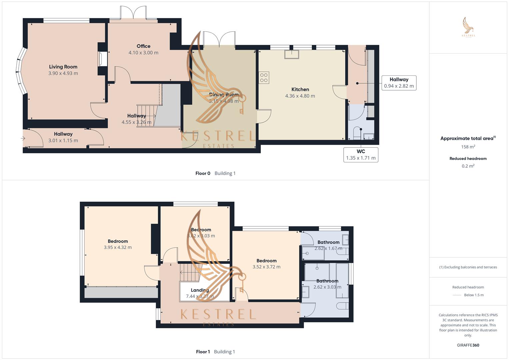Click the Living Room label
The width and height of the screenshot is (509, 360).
[x=63, y=67]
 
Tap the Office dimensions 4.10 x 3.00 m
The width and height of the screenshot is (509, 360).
[x=143, y=53]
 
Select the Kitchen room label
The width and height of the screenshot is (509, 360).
[x=300, y=89]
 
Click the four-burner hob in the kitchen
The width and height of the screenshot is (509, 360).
[x=264, y=78]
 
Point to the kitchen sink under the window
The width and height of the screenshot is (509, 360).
[x=292, y=54]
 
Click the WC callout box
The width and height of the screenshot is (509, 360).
[x=361, y=155]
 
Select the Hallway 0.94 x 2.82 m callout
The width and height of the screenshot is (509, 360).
[x=399, y=83]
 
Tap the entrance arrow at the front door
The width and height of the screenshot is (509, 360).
[x=24, y=138]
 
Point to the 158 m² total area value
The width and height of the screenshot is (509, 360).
[x=468, y=147]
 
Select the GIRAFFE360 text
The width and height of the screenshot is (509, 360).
[x=468, y=345]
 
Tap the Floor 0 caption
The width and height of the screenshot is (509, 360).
[x=203, y=173]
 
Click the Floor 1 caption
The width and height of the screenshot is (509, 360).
[x=203, y=352]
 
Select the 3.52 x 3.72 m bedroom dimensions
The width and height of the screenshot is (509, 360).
[x=266, y=267]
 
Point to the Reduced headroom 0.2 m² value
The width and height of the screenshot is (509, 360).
[x=468, y=166]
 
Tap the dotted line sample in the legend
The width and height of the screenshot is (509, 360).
[x=457, y=295]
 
